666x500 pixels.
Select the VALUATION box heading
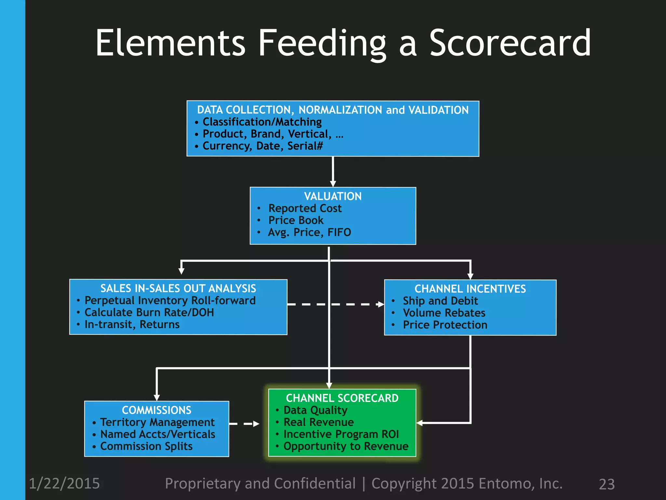(333, 196)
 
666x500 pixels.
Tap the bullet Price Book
(296, 220)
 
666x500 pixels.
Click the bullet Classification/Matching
(262, 122)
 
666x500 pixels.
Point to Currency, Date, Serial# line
(262, 146)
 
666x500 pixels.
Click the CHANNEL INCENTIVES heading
(470, 289)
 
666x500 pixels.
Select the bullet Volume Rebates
(444, 313)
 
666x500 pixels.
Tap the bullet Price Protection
(445, 325)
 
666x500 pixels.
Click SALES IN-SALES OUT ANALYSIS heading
(178, 288)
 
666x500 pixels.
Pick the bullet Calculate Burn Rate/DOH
(149, 312)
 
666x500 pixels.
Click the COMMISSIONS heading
(156, 410)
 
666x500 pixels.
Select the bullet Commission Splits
(146, 446)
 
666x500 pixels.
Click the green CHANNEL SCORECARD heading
(342, 398)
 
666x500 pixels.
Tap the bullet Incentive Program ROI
(341, 434)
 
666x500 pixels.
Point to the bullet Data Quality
(315, 410)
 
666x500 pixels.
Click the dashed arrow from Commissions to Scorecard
(245, 424)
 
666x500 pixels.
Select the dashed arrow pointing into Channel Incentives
(335, 304)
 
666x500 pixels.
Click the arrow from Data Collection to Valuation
(333, 172)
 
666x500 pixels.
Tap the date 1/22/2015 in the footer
(64, 483)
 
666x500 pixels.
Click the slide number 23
(606, 484)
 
